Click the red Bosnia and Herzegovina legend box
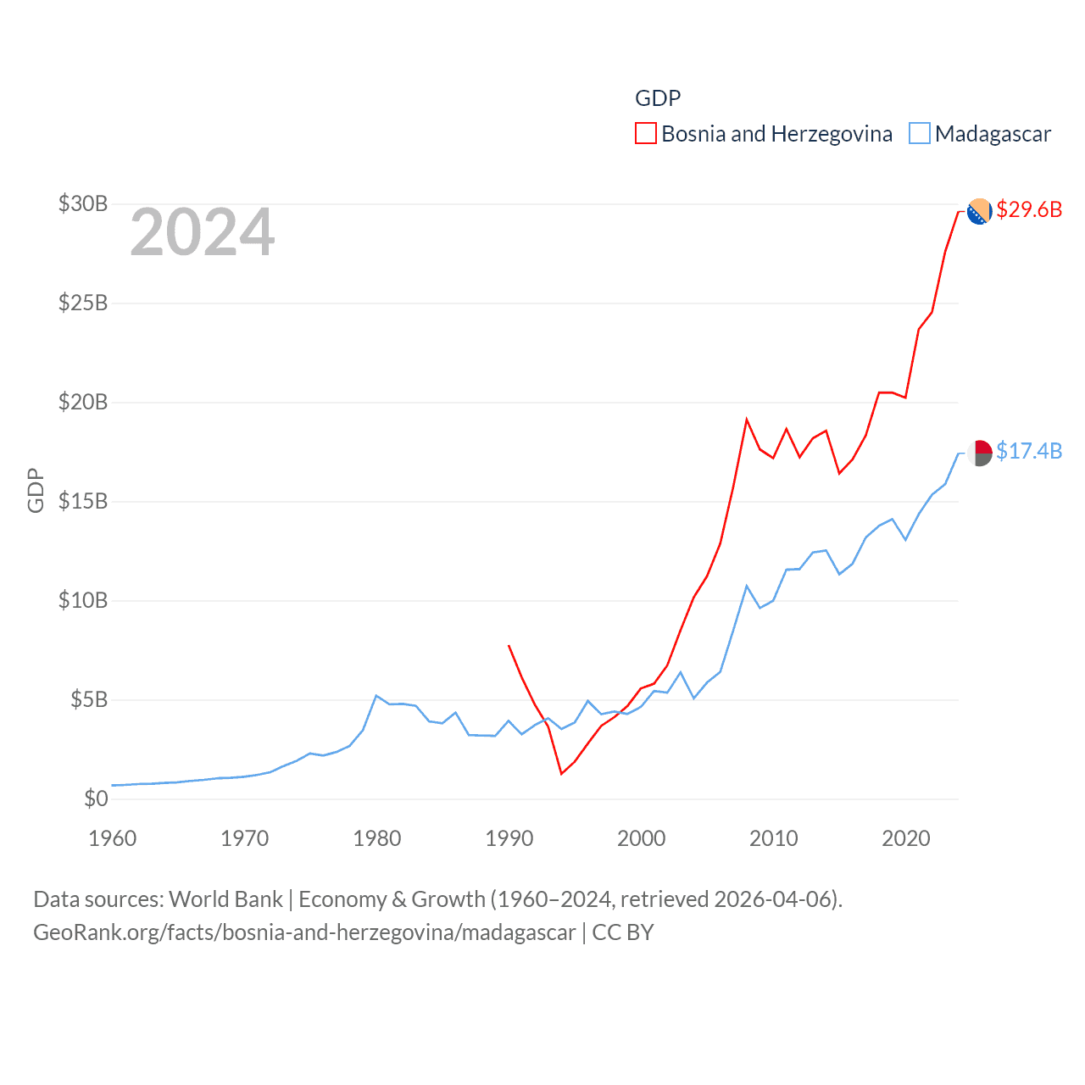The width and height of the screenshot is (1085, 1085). point(646,134)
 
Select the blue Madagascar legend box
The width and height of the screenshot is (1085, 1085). point(919,134)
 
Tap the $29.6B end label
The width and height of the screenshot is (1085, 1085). point(1029,209)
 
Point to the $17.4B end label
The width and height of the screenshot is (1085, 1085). point(1029,451)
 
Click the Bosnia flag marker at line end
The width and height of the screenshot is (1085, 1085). point(979,211)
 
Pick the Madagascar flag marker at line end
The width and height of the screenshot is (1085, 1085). point(980,453)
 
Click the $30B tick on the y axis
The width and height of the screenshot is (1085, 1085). point(83,203)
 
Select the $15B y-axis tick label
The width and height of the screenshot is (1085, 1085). point(83,501)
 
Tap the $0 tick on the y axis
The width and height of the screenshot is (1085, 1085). point(96,798)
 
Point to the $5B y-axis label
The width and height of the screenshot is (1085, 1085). point(89,699)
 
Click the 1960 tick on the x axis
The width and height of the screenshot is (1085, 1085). point(113,838)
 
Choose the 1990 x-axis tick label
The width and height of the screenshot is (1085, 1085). point(509,838)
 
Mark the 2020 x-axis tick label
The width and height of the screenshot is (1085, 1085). point(906,838)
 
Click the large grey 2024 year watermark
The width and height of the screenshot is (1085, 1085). point(203,232)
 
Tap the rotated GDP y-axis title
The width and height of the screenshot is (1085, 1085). point(36,490)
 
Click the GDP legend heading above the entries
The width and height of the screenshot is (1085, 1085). point(658,98)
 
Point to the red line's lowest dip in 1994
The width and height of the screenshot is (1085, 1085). point(561,773)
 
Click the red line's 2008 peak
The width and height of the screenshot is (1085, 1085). point(747,419)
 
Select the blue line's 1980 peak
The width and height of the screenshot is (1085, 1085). point(376,696)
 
